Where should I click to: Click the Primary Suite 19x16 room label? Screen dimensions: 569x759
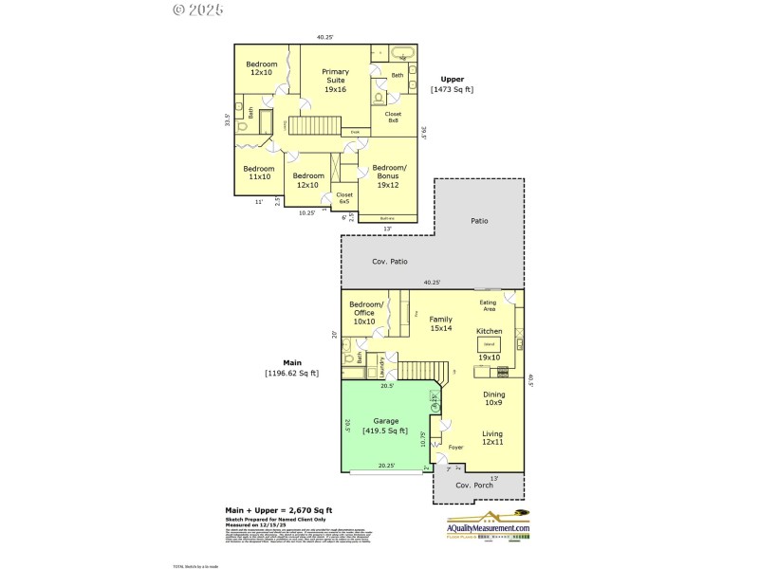pos(335,81)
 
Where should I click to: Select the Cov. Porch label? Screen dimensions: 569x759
pos(473,485)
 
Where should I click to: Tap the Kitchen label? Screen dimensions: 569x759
pos(489,331)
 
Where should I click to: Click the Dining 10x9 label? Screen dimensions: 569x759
pos(493,398)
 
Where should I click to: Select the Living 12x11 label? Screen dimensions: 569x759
pos(491,438)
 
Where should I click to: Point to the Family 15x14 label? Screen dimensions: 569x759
pos(440,323)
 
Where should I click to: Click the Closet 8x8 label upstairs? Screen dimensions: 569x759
pos(393,118)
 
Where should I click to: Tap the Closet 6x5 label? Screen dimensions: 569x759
pos(344,198)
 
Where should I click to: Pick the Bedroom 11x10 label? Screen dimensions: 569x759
pos(259,173)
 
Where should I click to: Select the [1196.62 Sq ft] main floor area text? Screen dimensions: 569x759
pos(291,373)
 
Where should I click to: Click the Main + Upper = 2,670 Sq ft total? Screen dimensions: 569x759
pos(278,509)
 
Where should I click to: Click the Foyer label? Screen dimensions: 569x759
pos(455,448)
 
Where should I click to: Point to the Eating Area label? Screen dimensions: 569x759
pos(488,305)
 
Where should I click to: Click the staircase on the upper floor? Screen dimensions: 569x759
pos(314,125)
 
